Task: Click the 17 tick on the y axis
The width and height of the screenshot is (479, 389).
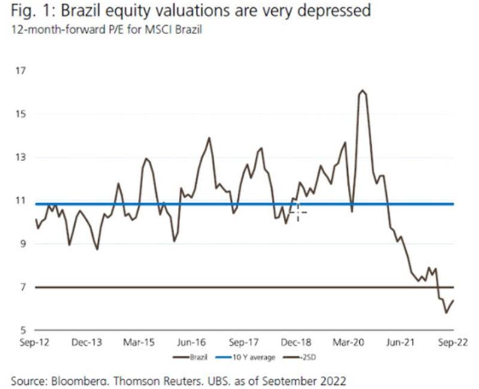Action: coord(22,71)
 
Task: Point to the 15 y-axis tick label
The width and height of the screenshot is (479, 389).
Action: coord(22,114)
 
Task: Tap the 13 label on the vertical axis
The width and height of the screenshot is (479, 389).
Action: coord(22,157)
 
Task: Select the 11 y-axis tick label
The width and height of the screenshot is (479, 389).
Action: coord(22,200)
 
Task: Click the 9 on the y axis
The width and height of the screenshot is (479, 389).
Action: coord(23,244)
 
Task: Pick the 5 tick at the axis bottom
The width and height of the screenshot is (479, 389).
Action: coord(23,330)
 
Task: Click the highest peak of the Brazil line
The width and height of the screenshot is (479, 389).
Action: coord(362,91)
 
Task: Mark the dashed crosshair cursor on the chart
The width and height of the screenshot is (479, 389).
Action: coord(297,212)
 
